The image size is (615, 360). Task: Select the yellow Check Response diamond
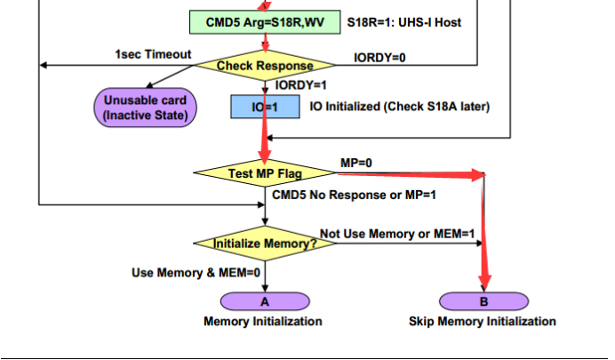(265, 66)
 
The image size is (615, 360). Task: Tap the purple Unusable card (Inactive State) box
(144, 108)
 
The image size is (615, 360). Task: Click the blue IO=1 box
(264, 108)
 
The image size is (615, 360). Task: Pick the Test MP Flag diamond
(265, 173)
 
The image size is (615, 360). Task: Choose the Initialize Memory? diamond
(265, 243)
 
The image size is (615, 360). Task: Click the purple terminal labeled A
(264, 301)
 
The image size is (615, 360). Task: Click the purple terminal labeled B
(484, 301)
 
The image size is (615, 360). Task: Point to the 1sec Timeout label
(153, 54)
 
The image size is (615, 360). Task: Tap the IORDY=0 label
(379, 58)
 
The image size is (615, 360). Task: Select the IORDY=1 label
(301, 85)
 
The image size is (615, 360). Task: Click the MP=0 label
(356, 163)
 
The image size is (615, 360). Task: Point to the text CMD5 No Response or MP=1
(354, 194)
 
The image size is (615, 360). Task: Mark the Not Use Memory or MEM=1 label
(397, 233)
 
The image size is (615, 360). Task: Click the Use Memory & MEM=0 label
(196, 273)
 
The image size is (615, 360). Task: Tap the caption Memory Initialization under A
(263, 321)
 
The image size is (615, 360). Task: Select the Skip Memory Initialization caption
(483, 321)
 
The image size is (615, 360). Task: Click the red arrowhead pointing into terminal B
(484, 284)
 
